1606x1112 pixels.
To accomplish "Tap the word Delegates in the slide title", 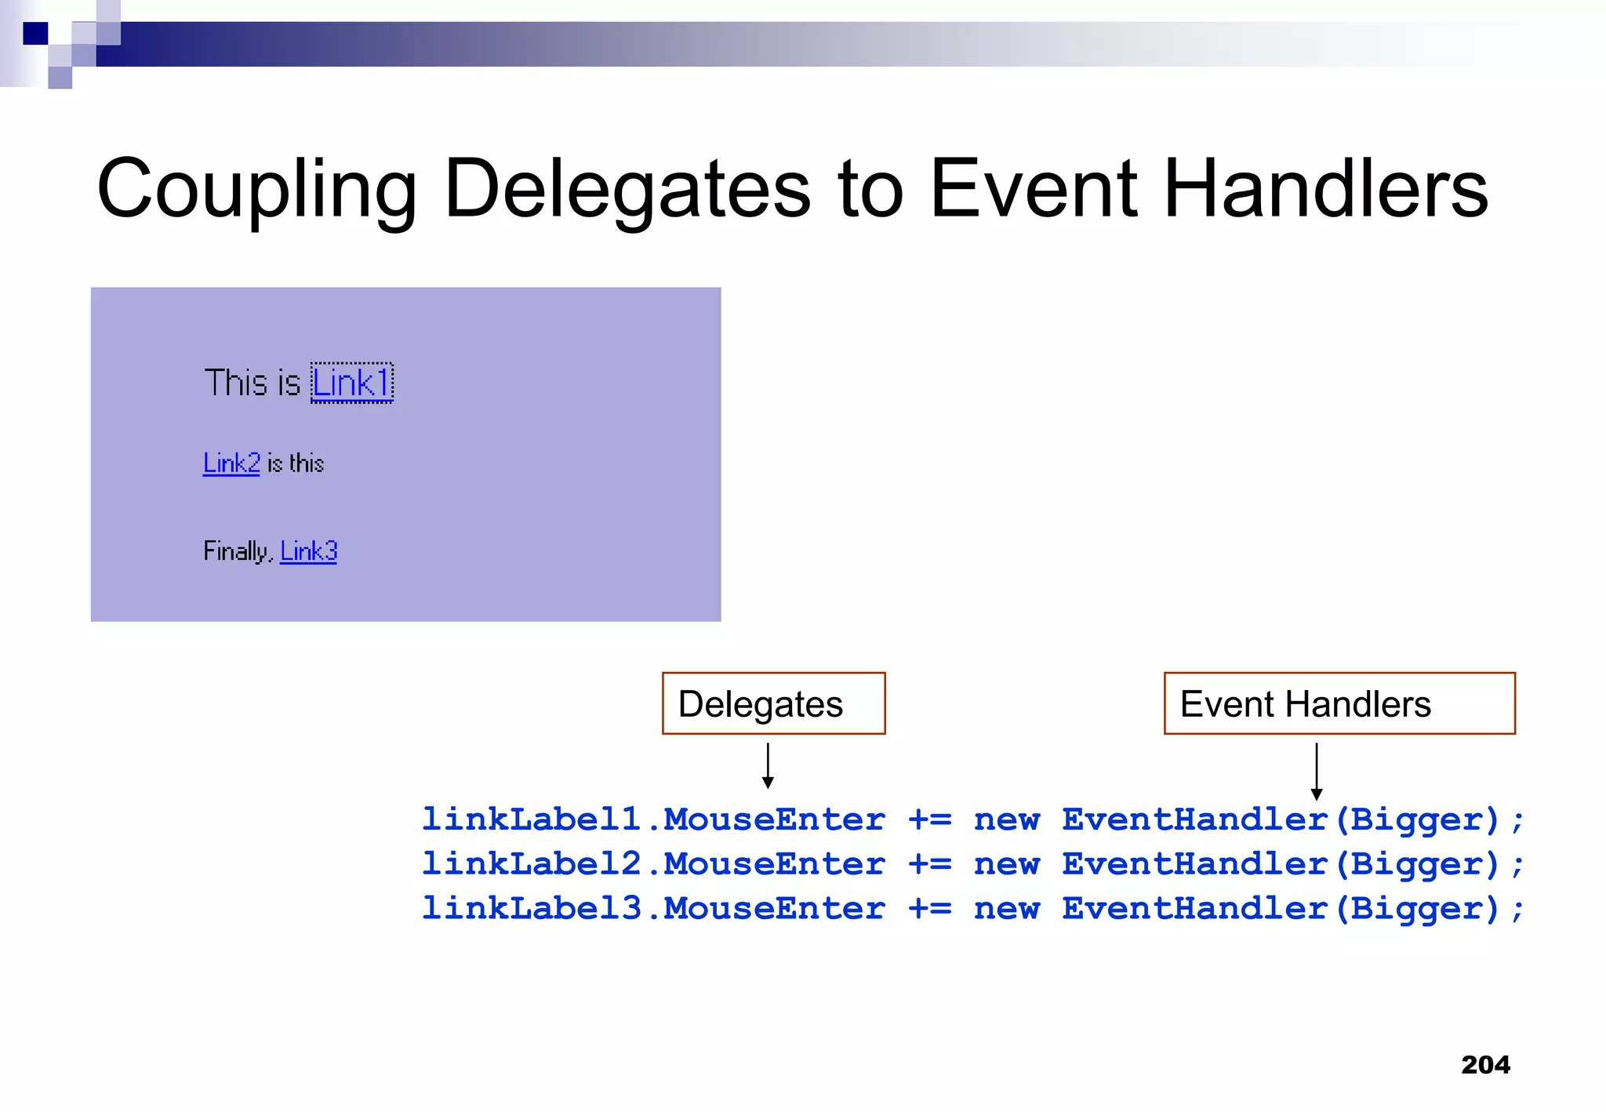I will click(x=627, y=189).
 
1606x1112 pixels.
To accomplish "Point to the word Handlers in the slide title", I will click(x=1325, y=189).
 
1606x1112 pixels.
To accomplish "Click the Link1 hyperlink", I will click(x=351, y=383).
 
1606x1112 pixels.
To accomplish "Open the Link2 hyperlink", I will click(x=231, y=463).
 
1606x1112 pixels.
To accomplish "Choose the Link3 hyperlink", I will click(x=308, y=551).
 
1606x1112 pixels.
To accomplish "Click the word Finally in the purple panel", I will click(x=236, y=551).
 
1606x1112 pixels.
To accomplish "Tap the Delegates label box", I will click(x=773, y=703).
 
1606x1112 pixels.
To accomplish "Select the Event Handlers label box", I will click(x=1339, y=703).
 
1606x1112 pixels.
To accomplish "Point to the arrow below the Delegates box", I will click(x=768, y=766).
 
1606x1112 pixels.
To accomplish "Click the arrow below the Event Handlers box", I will click(x=1317, y=772).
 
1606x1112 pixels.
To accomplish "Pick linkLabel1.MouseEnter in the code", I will click(x=653, y=819).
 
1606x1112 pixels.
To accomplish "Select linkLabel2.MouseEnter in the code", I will click(x=653, y=864).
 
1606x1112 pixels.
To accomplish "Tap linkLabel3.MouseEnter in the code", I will click(x=653, y=909).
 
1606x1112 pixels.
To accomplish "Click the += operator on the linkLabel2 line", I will click(x=929, y=864).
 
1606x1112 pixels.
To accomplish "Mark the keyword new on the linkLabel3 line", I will click(x=1007, y=909).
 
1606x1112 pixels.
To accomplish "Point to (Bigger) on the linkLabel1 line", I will click(x=1417, y=819).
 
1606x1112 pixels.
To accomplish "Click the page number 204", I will click(x=1485, y=1065).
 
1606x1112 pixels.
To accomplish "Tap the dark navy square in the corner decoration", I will click(x=35, y=34).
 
